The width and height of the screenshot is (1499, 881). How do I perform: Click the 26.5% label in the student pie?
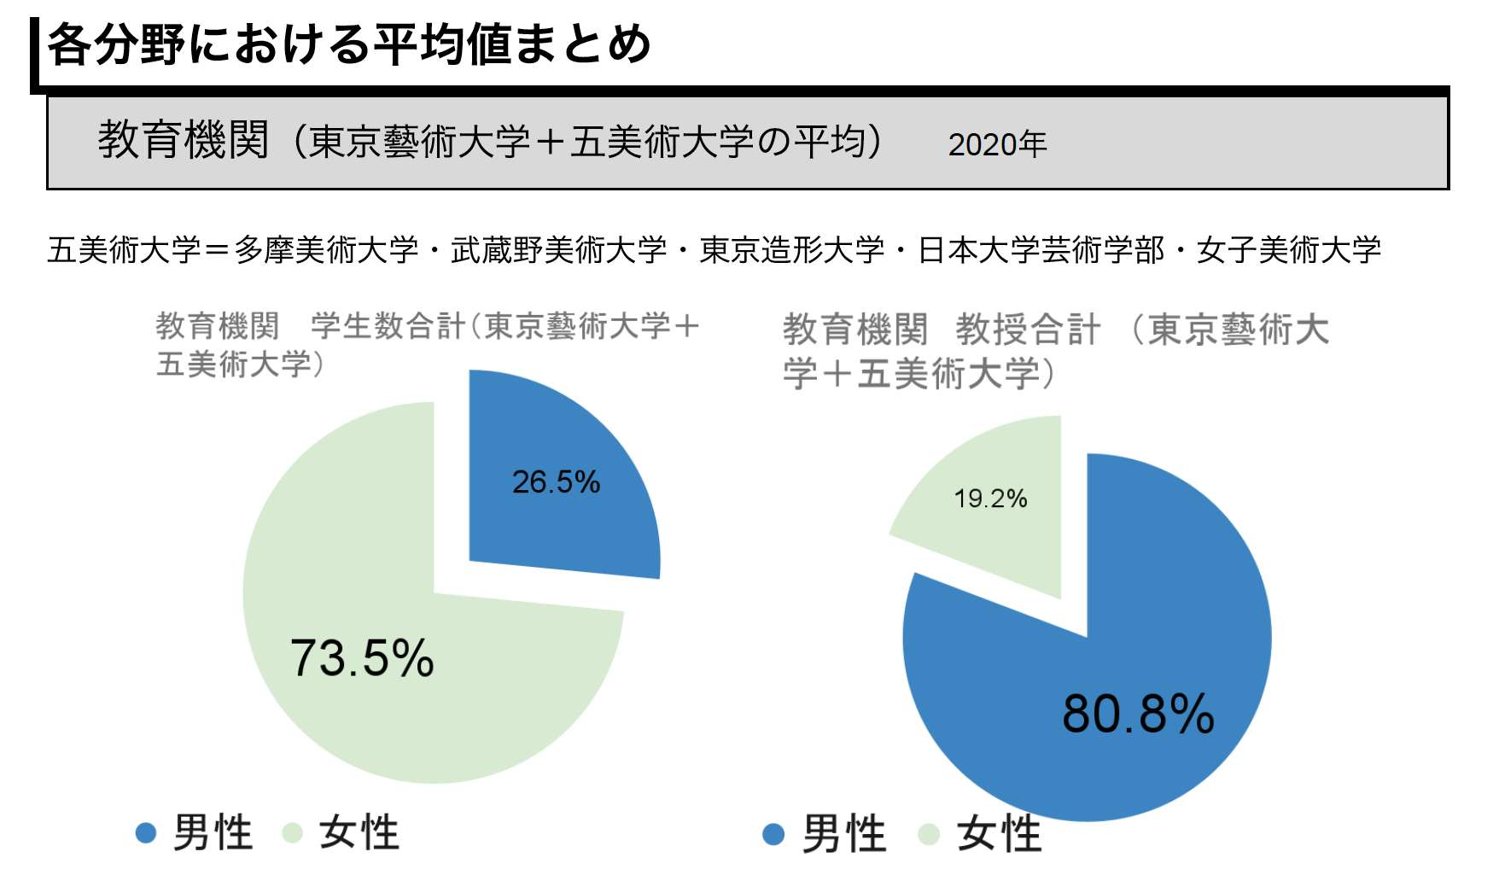click(x=556, y=482)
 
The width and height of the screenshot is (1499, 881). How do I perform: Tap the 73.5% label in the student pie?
click(x=362, y=658)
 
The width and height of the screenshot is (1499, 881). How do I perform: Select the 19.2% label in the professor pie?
click(x=990, y=499)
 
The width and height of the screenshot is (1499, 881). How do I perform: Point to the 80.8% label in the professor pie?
click(x=1138, y=714)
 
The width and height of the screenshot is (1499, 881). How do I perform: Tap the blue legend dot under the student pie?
click(x=146, y=833)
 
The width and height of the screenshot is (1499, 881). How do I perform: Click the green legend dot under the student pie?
click(x=293, y=833)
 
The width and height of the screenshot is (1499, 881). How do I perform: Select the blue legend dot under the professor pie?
click(x=773, y=834)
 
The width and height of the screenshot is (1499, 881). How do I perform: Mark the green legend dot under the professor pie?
click(x=929, y=834)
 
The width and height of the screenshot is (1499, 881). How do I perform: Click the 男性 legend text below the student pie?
click(x=213, y=833)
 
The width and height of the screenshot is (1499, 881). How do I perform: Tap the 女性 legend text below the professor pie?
click(x=999, y=834)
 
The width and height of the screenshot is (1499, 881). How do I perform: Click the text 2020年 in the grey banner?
click(x=997, y=144)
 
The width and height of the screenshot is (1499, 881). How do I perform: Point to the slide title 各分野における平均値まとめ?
click(x=348, y=44)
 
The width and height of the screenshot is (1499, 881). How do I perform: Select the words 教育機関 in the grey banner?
click(x=184, y=140)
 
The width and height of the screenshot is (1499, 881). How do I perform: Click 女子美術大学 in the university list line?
click(x=1289, y=250)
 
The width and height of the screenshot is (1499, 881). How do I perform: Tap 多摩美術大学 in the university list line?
click(x=327, y=250)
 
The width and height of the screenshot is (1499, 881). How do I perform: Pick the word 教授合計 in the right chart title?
click(x=1029, y=330)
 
